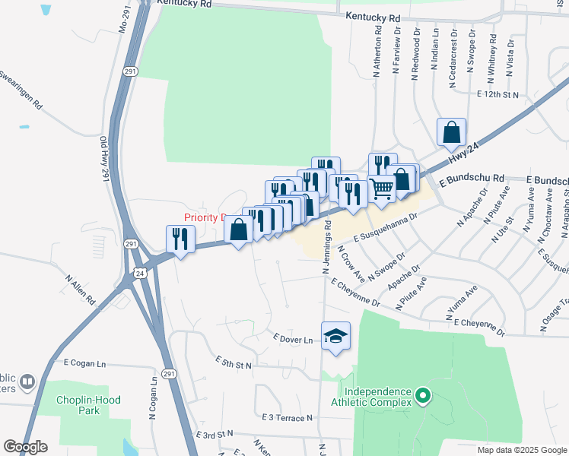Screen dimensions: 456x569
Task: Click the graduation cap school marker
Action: pos(335,336)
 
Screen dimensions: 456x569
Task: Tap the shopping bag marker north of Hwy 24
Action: pos(451,132)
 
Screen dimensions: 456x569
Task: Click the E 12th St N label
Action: pos(497,94)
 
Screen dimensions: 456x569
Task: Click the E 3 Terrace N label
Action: pos(287,418)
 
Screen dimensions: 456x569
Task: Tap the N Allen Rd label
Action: pos(79,293)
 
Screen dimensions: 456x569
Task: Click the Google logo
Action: pos(25,447)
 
